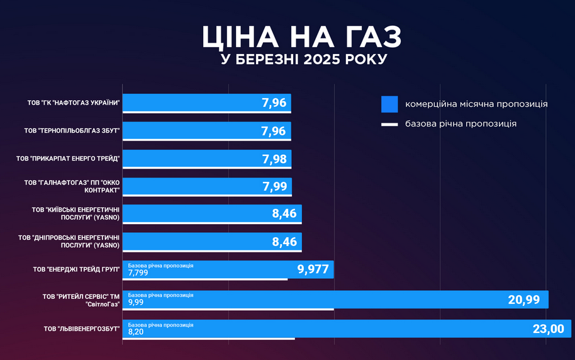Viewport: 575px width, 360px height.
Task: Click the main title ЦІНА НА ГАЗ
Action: [301, 37]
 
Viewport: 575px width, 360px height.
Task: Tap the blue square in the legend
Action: [389, 104]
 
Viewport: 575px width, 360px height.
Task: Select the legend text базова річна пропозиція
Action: [461, 124]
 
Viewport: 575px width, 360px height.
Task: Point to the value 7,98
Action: [274, 159]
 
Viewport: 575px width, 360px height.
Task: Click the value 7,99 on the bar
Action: [274, 186]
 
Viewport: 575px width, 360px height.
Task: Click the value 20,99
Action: [523, 300]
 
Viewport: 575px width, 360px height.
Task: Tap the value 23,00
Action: [549, 329]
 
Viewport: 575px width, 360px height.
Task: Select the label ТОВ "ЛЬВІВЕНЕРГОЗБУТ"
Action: [82, 329]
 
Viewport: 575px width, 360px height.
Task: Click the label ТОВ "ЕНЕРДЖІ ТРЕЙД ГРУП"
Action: [76, 269]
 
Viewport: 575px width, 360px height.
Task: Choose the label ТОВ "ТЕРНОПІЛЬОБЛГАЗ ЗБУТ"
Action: [72, 131]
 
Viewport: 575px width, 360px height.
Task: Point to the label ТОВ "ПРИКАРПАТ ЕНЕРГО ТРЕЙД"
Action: [68, 159]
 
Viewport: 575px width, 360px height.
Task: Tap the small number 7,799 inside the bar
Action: [138, 273]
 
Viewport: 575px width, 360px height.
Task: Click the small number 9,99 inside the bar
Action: [136, 302]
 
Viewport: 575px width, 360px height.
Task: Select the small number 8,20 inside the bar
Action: [136, 331]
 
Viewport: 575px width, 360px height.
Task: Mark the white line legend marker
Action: [389, 125]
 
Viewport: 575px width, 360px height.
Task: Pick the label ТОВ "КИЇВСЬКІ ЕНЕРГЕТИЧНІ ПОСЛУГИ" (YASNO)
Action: [76, 213]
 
